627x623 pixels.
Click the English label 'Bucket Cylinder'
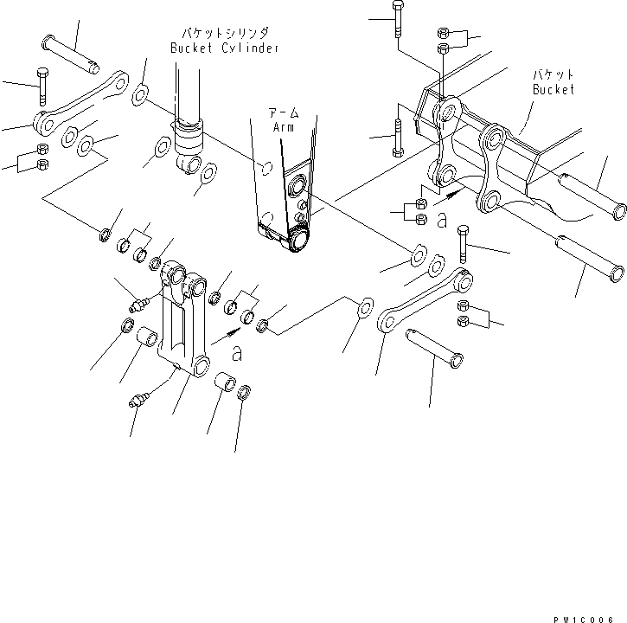tap(224, 48)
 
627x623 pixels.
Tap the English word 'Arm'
tap(283, 127)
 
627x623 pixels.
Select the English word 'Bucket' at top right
tap(553, 89)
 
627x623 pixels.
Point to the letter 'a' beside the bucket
tap(442, 222)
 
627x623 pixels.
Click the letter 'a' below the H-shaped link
tap(237, 353)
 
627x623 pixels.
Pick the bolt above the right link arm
tap(464, 245)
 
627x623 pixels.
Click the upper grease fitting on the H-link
tap(138, 305)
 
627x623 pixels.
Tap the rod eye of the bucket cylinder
tap(189, 162)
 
